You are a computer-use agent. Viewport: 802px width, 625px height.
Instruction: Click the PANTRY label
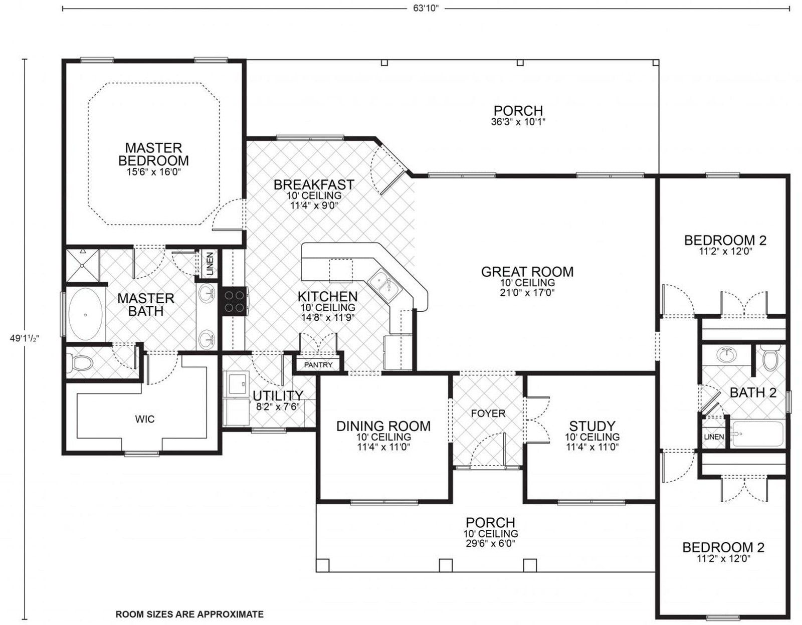(x=318, y=365)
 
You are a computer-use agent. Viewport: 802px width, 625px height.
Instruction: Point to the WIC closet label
(x=145, y=419)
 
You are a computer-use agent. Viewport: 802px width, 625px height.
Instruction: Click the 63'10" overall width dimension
(x=426, y=9)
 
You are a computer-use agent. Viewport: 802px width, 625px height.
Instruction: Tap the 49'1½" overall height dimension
(x=25, y=338)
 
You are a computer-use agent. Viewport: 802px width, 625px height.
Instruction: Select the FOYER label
(x=488, y=413)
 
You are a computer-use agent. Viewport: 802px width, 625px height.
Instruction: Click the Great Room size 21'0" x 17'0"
(x=527, y=293)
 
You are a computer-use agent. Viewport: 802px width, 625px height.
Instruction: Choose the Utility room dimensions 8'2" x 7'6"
(x=278, y=407)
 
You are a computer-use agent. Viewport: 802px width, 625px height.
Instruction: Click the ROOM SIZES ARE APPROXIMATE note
(x=189, y=614)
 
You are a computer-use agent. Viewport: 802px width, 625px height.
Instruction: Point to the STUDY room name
(x=592, y=426)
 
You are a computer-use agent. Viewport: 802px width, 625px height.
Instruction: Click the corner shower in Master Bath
(x=83, y=265)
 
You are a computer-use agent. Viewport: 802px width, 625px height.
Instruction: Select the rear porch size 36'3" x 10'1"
(x=518, y=122)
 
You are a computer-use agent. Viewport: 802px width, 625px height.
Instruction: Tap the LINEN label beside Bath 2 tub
(x=714, y=437)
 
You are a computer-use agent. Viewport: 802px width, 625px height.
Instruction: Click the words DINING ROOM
(x=383, y=426)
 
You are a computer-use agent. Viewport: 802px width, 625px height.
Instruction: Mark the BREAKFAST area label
(x=314, y=184)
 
